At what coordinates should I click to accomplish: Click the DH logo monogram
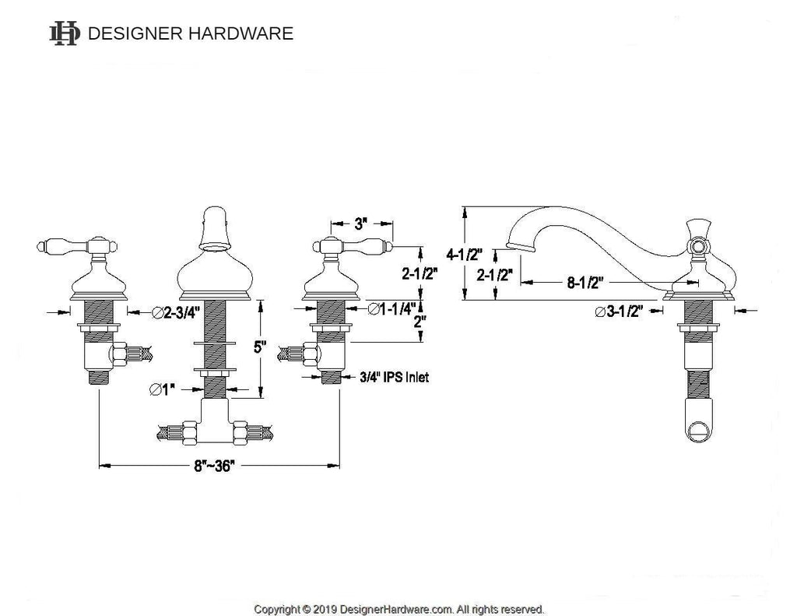tap(64, 33)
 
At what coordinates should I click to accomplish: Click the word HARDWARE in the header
tap(241, 33)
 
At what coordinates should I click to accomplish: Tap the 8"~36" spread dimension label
tap(214, 466)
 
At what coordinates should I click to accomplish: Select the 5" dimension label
tap(260, 347)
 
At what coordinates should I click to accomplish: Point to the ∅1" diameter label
tap(162, 389)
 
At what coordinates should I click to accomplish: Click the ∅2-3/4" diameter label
tap(177, 313)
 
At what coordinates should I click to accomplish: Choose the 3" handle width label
tap(361, 224)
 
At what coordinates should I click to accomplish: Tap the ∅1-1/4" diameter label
tap(391, 308)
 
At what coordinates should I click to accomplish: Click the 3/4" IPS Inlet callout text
tap(394, 377)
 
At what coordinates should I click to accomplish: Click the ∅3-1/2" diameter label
tap(619, 311)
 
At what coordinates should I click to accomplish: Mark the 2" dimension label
tap(420, 322)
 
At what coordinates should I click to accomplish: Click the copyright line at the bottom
tap(398, 609)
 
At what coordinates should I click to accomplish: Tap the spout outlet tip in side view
tap(521, 247)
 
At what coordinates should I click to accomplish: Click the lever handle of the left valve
tap(77, 247)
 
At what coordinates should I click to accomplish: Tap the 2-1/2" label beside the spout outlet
tap(494, 275)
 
